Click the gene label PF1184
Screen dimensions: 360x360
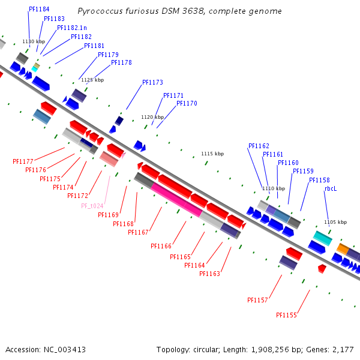coord(39,10)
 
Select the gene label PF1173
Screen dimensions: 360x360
coord(152,83)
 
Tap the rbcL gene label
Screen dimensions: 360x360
coord(331,188)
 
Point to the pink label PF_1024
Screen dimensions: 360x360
coord(93,206)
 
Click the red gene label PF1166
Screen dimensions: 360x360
coord(161,246)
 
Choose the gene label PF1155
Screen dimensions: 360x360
coord(286,315)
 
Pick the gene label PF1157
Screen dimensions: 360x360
coord(257,300)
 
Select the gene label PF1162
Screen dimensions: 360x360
coord(259,146)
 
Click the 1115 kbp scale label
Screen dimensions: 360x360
coord(212,154)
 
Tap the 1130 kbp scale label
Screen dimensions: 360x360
coord(34,41)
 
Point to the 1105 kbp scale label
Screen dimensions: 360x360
coord(335,222)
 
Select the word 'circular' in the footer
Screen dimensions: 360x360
coord(207,349)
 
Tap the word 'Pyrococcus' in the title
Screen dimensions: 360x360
coord(98,11)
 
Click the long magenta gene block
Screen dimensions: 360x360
coord(176,200)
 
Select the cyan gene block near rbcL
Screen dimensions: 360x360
coord(323,238)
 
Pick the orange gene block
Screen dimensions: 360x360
coord(343,248)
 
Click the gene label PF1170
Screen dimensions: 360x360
coord(187,104)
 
